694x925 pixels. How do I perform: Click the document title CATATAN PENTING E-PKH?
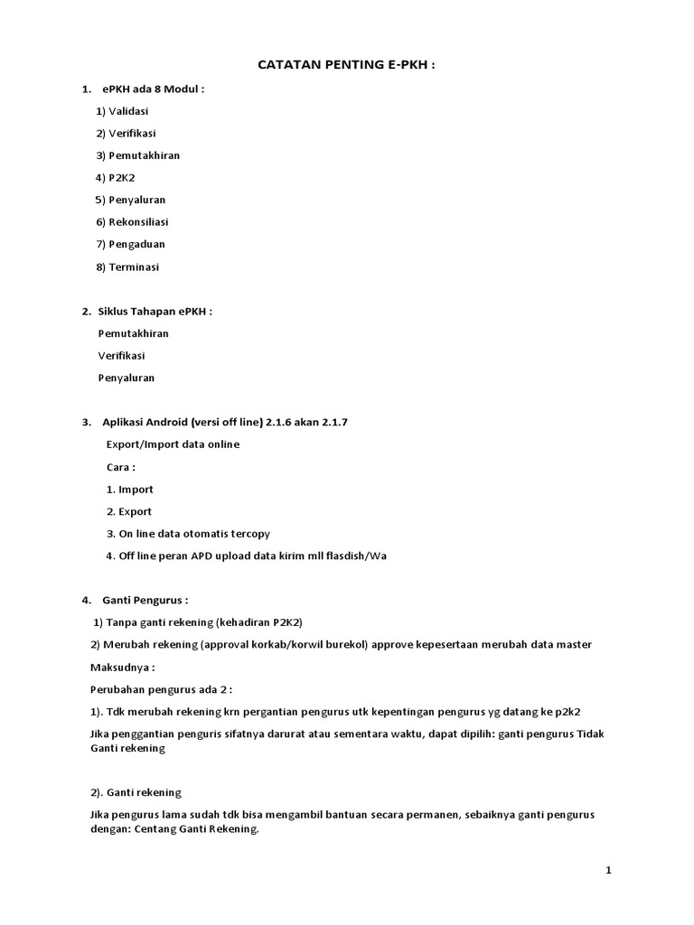pos(346,65)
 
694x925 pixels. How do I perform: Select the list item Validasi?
pos(128,111)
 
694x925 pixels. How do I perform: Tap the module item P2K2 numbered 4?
pos(122,178)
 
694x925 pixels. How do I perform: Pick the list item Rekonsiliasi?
pos(138,222)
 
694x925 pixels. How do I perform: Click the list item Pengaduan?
pos(136,244)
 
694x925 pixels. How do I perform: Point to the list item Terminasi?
pos(134,266)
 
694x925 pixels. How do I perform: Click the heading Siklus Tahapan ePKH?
pos(155,312)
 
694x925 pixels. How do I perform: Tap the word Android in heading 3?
pos(164,422)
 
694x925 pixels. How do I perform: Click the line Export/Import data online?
pos(173,444)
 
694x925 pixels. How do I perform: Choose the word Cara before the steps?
pos(120,467)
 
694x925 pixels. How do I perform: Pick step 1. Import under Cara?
pos(129,490)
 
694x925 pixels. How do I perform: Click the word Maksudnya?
pos(122,668)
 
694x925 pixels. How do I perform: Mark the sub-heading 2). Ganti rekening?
pos(136,792)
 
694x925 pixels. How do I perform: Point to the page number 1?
pos(608,870)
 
